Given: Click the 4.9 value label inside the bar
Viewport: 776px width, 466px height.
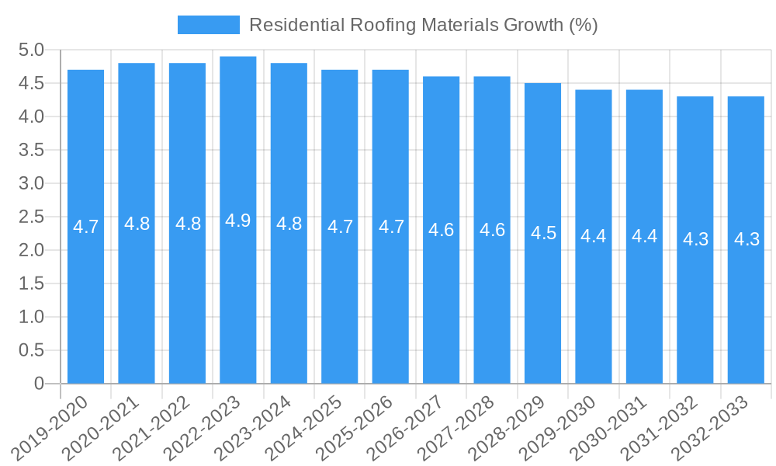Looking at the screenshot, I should (x=238, y=221).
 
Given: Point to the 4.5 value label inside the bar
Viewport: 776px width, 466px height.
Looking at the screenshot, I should (x=543, y=233).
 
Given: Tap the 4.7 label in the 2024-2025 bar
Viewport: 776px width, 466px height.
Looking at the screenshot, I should (x=340, y=227).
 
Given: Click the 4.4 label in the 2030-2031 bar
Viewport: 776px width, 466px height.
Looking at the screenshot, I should (x=644, y=236).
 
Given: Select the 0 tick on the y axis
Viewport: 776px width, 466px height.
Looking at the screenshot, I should (x=40, y=384).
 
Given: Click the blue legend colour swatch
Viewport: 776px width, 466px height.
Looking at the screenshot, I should (x=208, y=25).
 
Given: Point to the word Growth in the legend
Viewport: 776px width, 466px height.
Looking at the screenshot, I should (x=534, y=25).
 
